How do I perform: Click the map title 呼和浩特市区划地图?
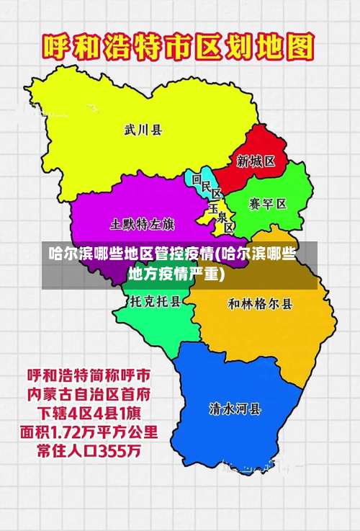179,48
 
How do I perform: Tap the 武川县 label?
143,130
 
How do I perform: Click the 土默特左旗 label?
142,223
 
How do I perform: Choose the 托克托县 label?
155,303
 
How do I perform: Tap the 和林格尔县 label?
261,303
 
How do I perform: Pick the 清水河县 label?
235,409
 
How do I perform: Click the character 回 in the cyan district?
197,178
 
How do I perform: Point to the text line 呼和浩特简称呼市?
89,376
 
